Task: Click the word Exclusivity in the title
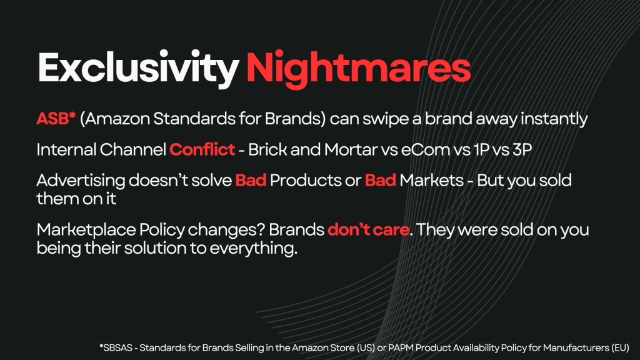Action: [138, 68]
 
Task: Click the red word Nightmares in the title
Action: [358, 68]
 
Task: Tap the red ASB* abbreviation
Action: [56, 119]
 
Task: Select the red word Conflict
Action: [202, 149]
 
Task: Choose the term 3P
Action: [522, 150]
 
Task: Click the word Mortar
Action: [351, 150]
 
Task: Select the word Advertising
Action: [81, 181]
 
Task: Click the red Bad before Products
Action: [251, 181]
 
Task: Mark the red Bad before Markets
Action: [380, 181]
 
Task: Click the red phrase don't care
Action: [368, 230]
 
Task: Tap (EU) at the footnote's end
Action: [620, 348]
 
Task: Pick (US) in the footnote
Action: [366, 348]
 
